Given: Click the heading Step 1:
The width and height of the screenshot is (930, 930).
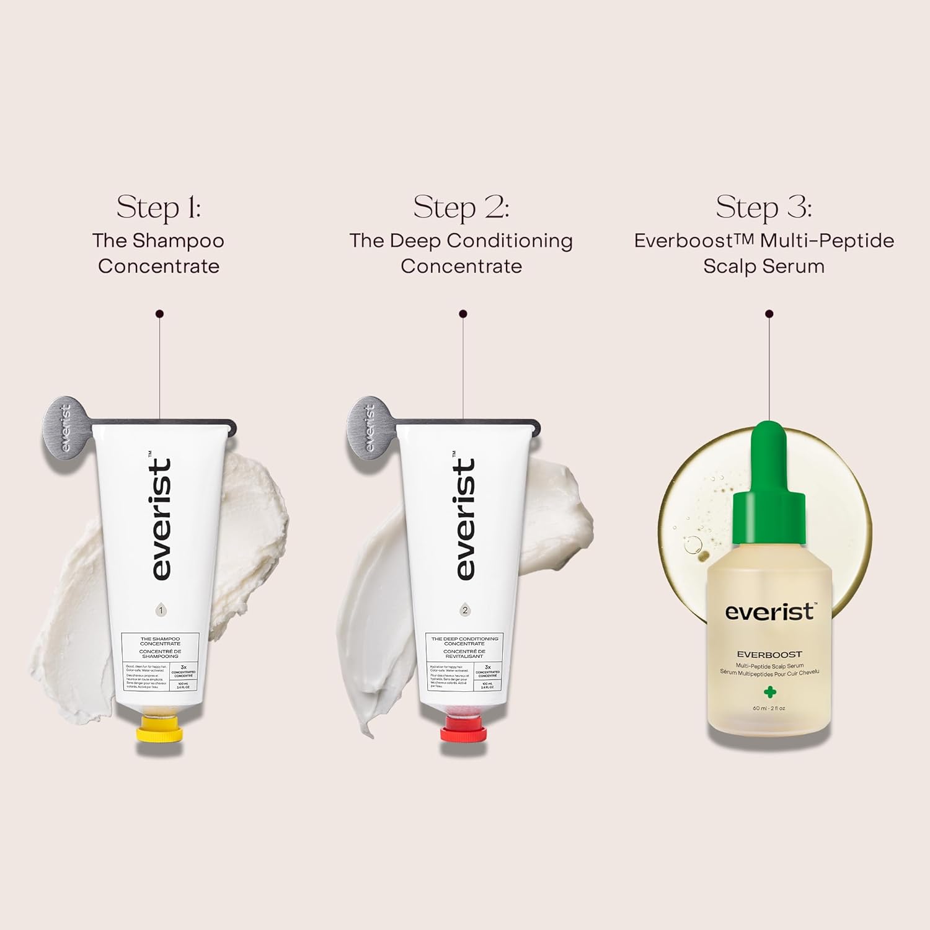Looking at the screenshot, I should [159, 207].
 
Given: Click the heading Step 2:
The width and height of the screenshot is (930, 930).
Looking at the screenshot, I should [461, 207].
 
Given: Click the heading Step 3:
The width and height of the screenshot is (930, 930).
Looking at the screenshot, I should [764, 207].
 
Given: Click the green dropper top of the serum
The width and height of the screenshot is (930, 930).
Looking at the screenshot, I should [769, 471].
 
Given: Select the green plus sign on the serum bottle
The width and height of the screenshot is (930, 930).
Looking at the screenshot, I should [769, 692].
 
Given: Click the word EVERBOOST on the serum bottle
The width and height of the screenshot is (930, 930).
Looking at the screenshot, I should [769, 654].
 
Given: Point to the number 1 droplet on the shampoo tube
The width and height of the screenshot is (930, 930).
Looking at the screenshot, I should [161, 610].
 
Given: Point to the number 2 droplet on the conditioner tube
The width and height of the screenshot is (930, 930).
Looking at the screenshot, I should [465, 610].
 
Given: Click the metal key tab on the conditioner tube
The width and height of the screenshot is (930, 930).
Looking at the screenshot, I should [369, 428].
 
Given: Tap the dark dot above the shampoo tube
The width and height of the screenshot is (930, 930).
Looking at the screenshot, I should [160, 314].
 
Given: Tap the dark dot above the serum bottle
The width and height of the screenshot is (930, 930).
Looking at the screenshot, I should [769, 314].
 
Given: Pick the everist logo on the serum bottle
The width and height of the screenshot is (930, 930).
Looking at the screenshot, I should [769, 612].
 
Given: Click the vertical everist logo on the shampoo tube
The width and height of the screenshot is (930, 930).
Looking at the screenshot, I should [161, 520].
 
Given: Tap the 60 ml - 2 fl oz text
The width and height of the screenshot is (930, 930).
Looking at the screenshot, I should [769, 708].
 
